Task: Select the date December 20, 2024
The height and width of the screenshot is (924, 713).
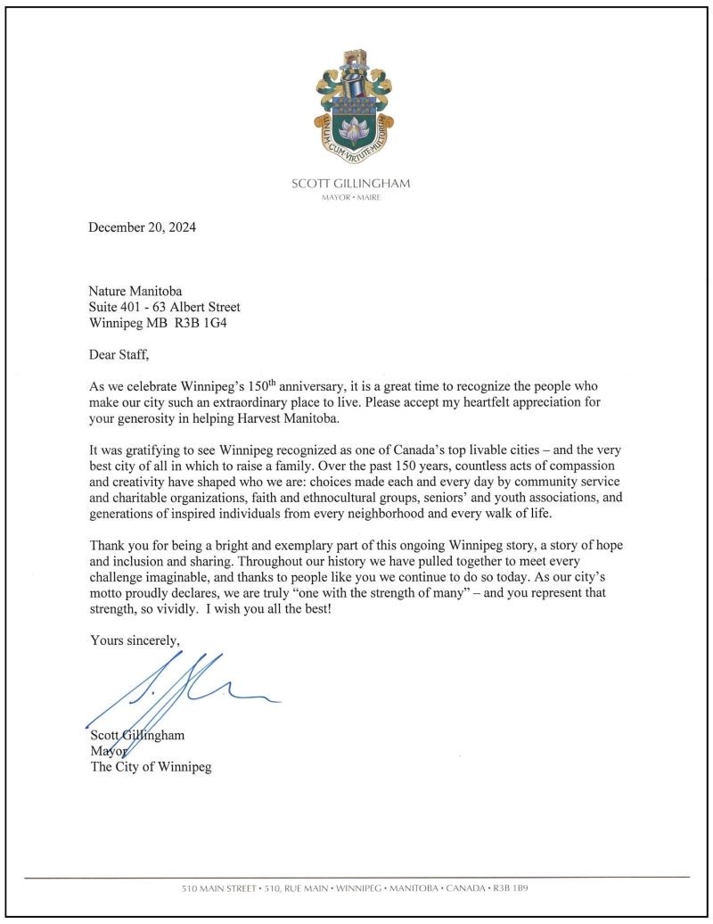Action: pyautogui.click(x=142, y=227)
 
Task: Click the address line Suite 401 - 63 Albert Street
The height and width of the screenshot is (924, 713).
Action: pyautogui.click(x=164, y=307)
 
